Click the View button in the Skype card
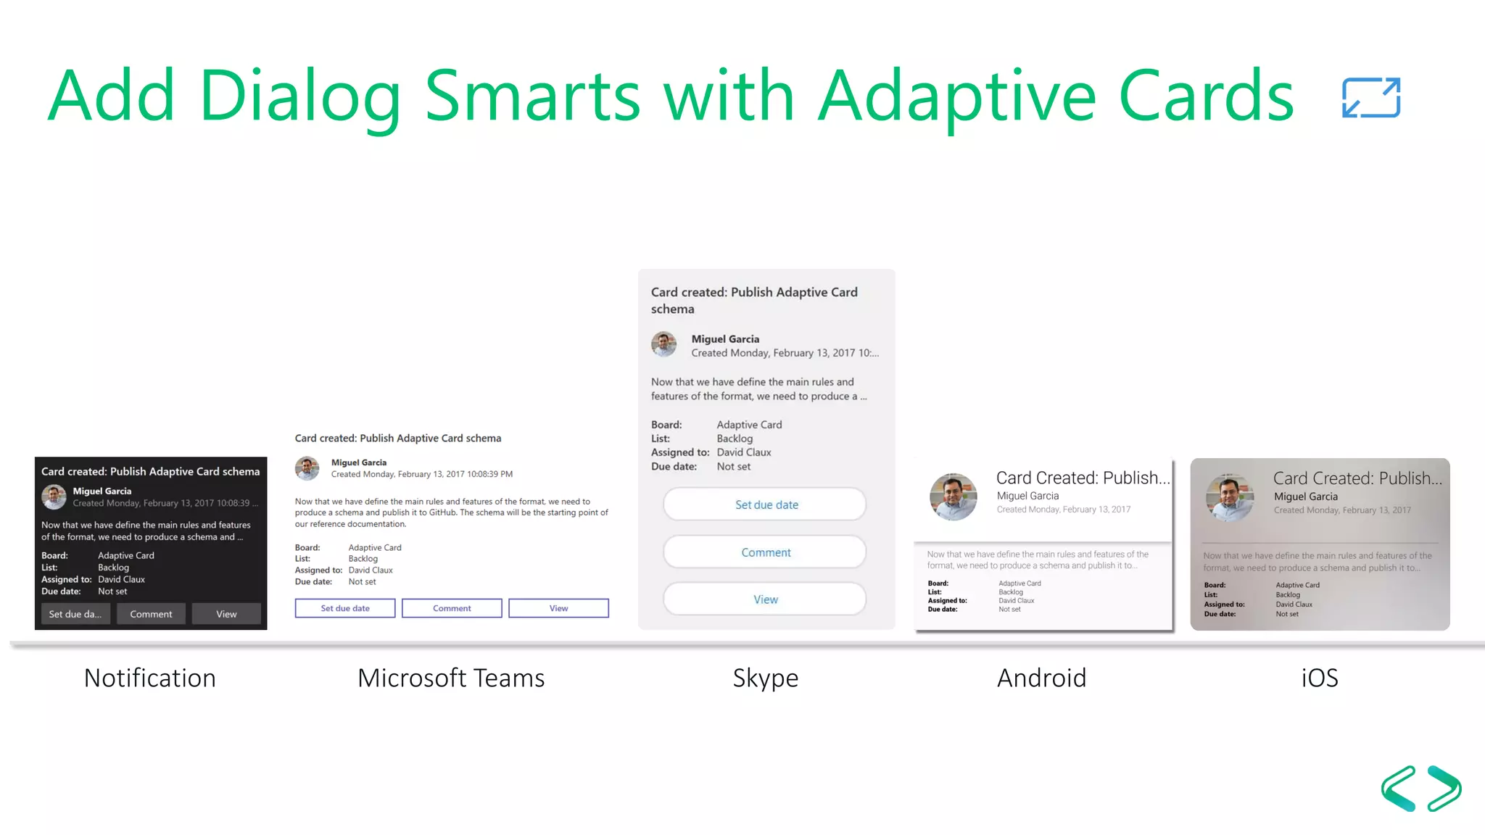click(x=765, y=599)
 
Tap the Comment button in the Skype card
click(x=765, y=552)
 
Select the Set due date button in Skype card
click(x=765, y=504)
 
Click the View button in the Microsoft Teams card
click(x=558, y=608)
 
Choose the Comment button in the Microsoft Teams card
click(x=452, y=608)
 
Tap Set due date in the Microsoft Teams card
click(x=345, y=608)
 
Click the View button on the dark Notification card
click(x=226, y=614)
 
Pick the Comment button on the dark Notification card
click(x=151, y=614)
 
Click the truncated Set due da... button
click(x=75, y=614)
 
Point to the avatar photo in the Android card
click(x=953, y=497)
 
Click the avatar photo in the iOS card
click(x=1229, y=498)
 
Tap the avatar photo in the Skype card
click(x=663, y=344)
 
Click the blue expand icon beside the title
click(x=1370, y=98)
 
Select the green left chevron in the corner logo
click(x=1399, y=789)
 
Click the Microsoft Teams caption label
click(x=451, y=678)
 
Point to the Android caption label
click(x=1041, y=678)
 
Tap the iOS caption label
click(x=1319, y=678)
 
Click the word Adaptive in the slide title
click(x=956, y=96)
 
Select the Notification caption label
click(x=150, y=678)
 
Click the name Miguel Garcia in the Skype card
click(x=725, y=339)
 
